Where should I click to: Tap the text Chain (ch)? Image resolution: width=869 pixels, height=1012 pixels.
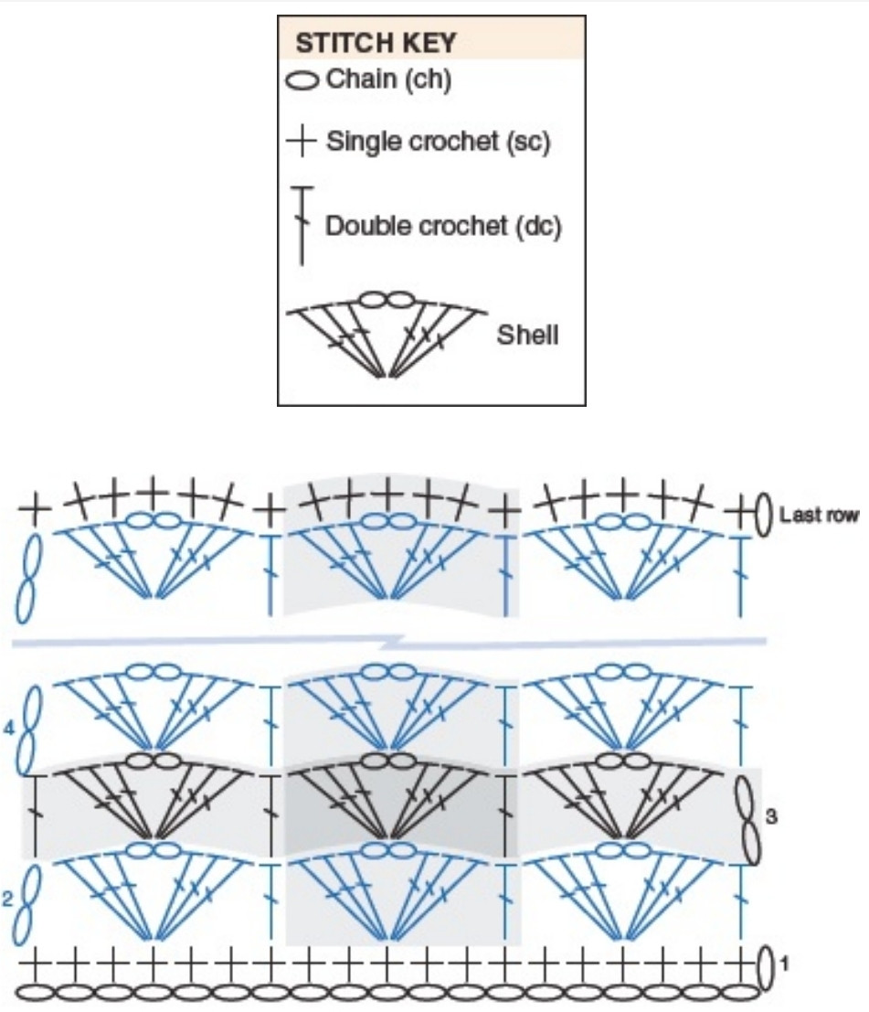(x=388, y=80)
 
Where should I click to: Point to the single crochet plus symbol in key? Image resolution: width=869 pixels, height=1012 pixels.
(x=301, y=142)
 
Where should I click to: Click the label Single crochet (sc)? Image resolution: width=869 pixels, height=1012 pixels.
(x=438, y=142)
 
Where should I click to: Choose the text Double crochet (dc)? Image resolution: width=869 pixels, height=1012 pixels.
(x=443, y=226)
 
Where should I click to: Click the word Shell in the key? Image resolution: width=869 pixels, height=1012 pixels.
(x=527, y=336)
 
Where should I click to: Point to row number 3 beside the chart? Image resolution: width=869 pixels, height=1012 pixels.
(x=771, y=818)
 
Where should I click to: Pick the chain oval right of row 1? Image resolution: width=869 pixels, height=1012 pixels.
(x=765, y=964)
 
